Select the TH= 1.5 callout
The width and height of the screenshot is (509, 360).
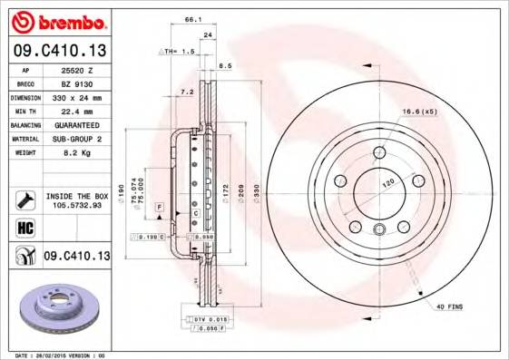click(x=180, y=52)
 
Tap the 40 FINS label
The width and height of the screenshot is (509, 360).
click(x=447, y=307)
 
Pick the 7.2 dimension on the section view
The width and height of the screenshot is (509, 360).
click(x=188, y=92)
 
